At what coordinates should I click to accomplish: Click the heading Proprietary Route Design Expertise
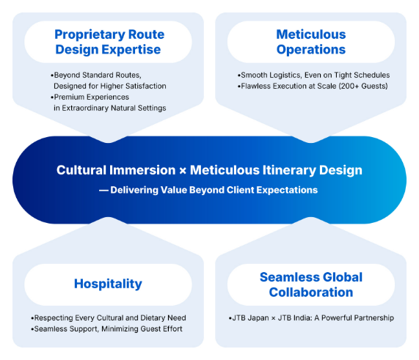pyautogui.click(x=109, y=42)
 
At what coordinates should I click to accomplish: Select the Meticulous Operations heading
pyautogui.click(x=311, y=42)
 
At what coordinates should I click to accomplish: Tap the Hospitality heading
pyautogui.click(x=108, y=284)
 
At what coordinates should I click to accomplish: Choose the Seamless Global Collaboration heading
pyautogui.click(x=311, y=284)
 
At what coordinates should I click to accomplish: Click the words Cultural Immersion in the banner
pyautogui.click(x=116, y=170)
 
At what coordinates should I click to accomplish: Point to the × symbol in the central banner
pyautogui.click(x=183, y=171)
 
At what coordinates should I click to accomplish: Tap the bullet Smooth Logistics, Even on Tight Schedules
pyautogui.click(x=314, y=75)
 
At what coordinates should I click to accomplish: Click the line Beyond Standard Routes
pyautogui.click(x=96, y=75)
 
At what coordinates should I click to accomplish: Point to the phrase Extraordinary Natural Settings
pyautogui.click(x=114, y=108)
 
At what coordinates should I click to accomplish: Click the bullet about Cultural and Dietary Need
pyautogui.click(x=109, y=317)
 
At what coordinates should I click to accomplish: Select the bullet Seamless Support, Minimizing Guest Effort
pyautogui.click(x=106, y=328)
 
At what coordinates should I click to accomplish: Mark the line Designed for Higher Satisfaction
pyautogui.click(x=110, y=86)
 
